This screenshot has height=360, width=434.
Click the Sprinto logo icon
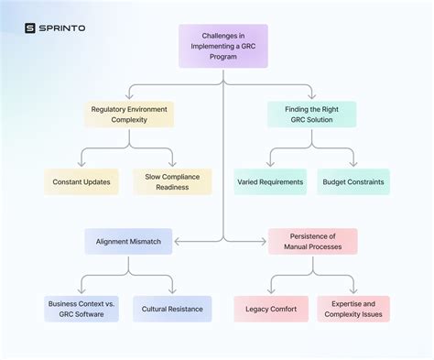(x=30, y=27)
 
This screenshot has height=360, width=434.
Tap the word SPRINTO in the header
(x=62, y=27)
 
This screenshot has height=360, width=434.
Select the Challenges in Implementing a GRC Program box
(x=222, y=46)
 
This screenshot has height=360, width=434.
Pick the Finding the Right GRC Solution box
(x=312, y=114)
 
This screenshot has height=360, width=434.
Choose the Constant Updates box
(x=81, y=181)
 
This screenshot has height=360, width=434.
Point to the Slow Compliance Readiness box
(x=172, y=181)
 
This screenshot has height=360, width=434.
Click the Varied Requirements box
(x=270, y=181)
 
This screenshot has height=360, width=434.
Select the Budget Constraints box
(x=353, y=181)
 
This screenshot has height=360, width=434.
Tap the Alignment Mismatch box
(x=128, y=241)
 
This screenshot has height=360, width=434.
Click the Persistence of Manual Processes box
(x=312, y=241)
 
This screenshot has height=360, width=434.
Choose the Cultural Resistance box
(x=172, y=309)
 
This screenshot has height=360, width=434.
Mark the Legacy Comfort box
(x=270, y=309)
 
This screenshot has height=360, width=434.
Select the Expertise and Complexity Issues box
(x=353, y=309)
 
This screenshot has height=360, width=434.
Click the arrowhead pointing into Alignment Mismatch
(x=175, y=241)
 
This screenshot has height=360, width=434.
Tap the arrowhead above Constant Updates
(x=81, y=165)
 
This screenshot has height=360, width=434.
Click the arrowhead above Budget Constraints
(x=353, y=165)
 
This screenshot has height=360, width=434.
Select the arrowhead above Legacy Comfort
(x=270, y=292)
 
